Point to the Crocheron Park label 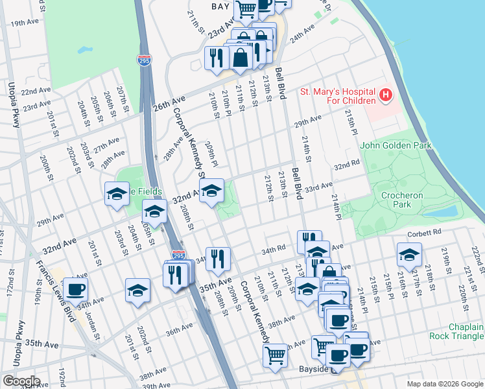pos(402,200)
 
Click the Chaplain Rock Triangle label pos(456,332)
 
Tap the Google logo pos(21,381)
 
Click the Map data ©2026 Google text pos(444,384)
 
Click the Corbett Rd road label pos(424,231)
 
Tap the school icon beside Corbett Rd pos(409,255)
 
